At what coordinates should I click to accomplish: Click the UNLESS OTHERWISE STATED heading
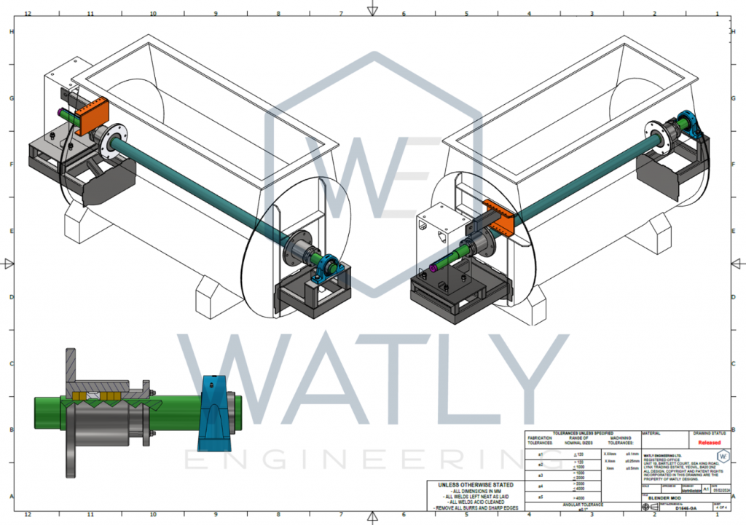point(475,485)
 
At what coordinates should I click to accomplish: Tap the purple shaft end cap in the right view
point(434,267)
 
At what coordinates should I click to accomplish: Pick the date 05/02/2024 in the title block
point(720,490)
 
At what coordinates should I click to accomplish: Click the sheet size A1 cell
point(704,490)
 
